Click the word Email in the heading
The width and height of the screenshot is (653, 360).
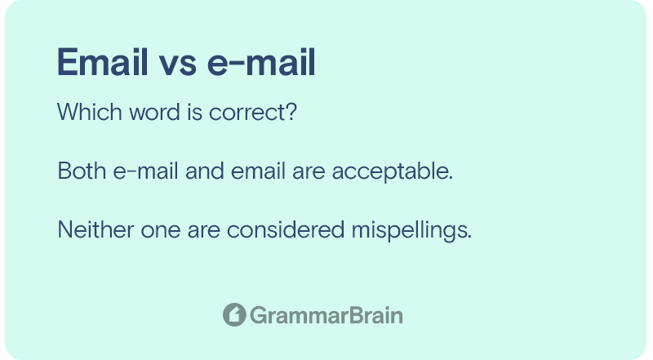[x=103, y=62]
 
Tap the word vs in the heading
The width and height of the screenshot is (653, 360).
[x=177, y=66]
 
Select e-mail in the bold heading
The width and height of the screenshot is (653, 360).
[x=261, y=62]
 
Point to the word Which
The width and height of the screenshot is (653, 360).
[x=90, y=112]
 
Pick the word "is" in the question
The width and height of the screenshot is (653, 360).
[x=195, y=112]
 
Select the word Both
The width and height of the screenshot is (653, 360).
[x=82, y=171]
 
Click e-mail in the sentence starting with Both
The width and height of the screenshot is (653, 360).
[x=146, y=171]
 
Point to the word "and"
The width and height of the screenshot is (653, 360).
[x=205, y=171]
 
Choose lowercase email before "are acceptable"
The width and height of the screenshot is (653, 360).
[x=258, y=171]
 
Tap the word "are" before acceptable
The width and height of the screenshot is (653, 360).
[x=309, y=173]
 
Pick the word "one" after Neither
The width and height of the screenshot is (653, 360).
[x=161, y=232]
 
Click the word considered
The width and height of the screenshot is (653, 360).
[x=286, y=229]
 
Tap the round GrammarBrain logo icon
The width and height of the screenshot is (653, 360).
[x=234, y=314]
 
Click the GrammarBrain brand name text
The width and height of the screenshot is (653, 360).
[x=326, y=315]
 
